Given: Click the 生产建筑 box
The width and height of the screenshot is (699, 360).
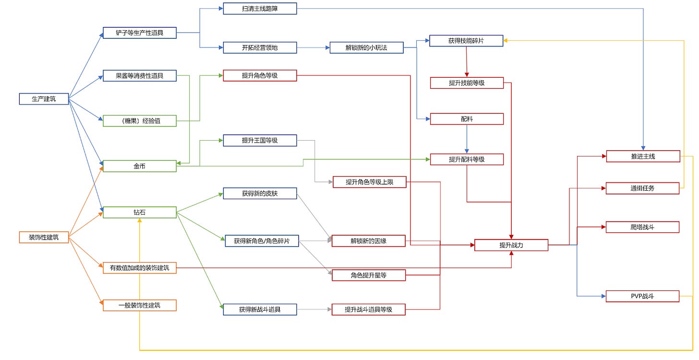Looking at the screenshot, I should (44, 99).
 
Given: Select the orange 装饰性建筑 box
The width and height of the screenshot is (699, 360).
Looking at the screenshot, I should (44, 237).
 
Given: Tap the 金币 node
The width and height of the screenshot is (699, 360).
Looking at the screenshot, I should (140, 166).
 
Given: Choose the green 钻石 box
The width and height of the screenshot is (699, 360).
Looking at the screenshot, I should (140, 212).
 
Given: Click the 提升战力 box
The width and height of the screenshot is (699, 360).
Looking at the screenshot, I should (511, 245).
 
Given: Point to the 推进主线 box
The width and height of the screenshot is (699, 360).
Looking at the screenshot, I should (643, 156).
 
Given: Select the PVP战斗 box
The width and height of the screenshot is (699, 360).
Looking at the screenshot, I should (642, 296).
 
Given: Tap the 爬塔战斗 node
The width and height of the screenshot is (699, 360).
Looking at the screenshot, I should (642, 227).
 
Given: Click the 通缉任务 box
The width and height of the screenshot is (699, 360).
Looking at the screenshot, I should (642, 188).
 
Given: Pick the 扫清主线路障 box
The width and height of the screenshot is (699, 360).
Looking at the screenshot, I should (260, 9).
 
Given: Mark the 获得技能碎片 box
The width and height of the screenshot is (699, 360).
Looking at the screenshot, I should (466, 41).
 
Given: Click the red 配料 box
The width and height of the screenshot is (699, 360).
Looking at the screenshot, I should (467, 119).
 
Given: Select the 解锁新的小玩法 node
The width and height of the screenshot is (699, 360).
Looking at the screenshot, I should (366, 48).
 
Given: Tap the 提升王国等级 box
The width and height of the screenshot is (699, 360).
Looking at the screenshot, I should (260, 140).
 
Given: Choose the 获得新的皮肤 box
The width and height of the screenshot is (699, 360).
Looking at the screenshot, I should (260, 194).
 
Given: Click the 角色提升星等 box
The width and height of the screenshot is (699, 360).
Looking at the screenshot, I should (369, 275).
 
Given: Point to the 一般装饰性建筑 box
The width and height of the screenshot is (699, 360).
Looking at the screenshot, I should (140, 305).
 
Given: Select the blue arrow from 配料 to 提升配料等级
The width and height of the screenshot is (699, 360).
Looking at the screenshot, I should (467, 139).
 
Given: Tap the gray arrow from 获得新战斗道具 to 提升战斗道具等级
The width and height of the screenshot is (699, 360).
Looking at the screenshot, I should (314, 310).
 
